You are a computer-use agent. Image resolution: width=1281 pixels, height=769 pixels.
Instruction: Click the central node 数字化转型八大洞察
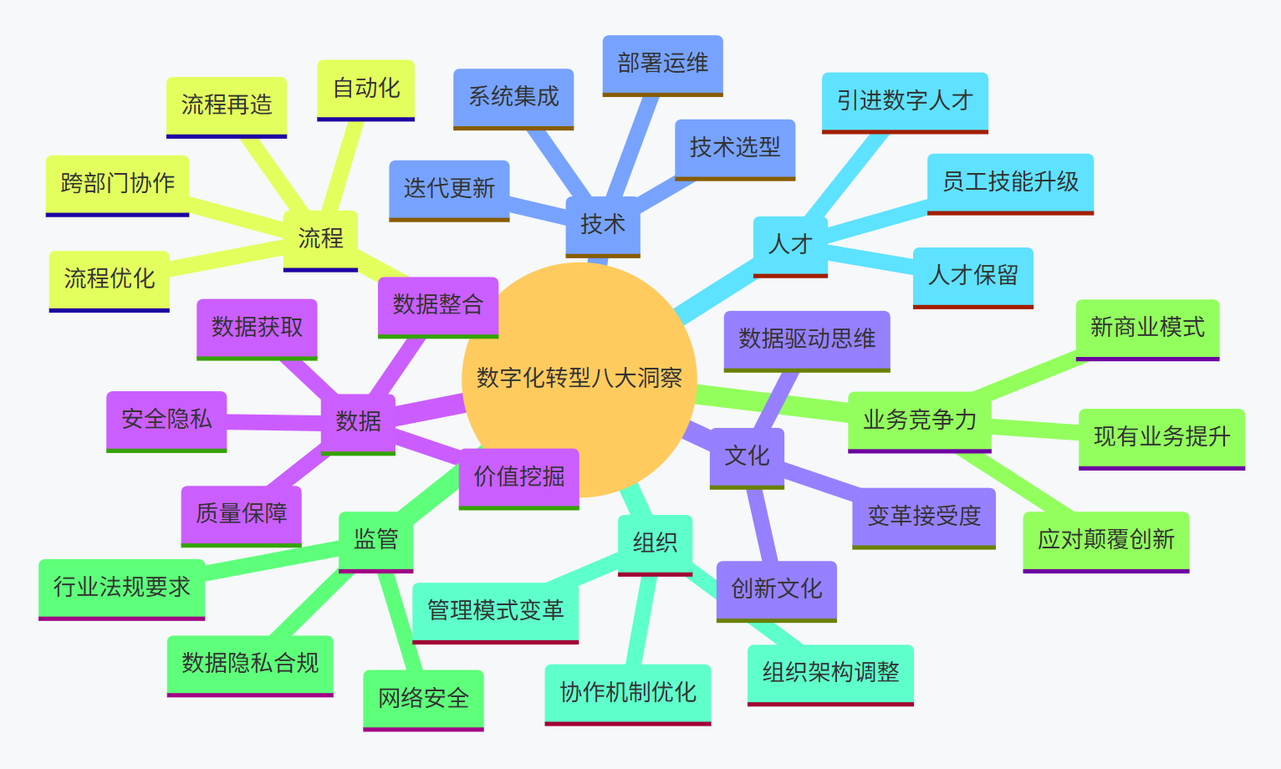click(579, 379)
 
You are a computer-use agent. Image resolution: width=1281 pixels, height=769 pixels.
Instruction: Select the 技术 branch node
click(603, 225)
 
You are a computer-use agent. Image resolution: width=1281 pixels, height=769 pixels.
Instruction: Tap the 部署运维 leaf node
click(662, 64)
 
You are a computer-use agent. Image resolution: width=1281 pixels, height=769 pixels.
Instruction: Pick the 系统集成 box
click(513, 98)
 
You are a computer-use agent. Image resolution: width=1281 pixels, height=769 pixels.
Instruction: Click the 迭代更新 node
click(449, 189)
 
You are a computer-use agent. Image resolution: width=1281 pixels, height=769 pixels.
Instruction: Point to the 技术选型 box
click(735, 148)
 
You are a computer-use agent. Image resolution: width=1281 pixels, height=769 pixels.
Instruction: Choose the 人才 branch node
click(790, 245)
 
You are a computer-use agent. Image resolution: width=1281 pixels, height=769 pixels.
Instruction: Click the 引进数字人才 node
click(905, 101)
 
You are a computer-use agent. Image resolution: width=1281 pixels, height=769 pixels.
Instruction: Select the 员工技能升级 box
click(1010, 182)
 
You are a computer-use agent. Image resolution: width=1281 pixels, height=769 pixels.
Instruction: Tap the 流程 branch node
click(320, 239)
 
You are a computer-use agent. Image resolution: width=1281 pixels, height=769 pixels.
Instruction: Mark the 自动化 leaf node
click(366, 89)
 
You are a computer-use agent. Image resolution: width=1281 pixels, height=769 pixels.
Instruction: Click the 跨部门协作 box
click(117, 184)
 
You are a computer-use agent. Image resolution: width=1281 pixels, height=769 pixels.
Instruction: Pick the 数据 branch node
click(358, 422)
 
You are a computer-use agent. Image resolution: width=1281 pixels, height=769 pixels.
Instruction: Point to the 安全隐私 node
click(166, 420)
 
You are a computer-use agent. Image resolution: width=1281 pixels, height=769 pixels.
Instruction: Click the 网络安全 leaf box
click(423, 699)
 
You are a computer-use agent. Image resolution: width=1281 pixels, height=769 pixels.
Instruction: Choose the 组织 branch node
click(655, 543)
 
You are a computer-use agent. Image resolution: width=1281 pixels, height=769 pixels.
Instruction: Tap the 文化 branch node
click(747, 456)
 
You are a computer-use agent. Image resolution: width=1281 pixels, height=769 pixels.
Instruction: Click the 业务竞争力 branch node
click(920, 420)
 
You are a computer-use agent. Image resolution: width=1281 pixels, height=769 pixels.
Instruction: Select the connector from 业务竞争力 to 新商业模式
click(1025, 374)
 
